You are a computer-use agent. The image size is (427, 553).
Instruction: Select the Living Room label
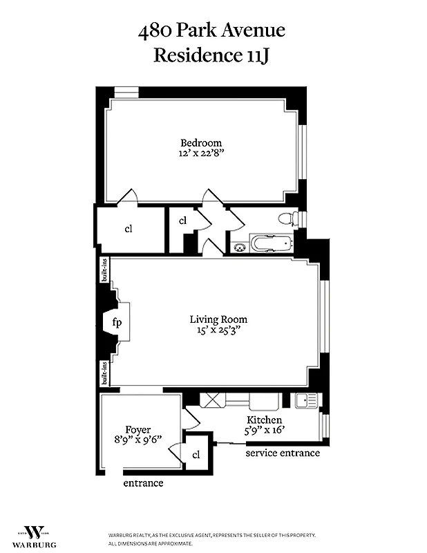(218, 319)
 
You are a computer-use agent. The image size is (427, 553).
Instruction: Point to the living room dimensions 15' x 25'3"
(218, 331)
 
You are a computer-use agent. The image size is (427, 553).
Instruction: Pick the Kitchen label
(265, 420)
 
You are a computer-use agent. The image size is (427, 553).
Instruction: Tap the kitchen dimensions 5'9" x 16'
(265, 431)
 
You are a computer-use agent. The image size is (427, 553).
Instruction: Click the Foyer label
(138, 430)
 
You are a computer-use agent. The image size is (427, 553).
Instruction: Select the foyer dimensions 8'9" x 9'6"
(138, 441)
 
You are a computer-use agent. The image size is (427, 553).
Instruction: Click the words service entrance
(283, 453)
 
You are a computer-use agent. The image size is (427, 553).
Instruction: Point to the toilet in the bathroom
(285, 219)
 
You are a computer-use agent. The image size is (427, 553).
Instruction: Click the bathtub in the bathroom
(271, 244)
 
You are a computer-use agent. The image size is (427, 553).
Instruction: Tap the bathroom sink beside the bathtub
(239, 245)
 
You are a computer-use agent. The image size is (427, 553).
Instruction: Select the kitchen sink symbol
(305, 400)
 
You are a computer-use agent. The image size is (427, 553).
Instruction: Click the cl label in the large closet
(129, 229)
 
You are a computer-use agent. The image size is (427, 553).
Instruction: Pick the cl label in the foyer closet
(196, 454)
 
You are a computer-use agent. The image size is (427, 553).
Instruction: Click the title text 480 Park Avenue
(211, 31)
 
